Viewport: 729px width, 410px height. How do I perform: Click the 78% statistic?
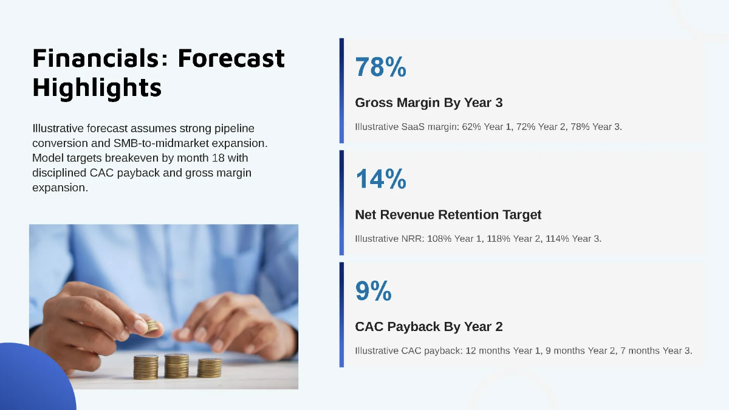click(380, 67)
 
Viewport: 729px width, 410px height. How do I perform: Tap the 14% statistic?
click(381, 179)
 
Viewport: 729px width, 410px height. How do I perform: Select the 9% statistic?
click(373, 291)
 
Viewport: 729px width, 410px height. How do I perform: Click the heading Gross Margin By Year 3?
click(429, 103)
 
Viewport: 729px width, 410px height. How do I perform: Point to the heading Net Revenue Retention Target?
click(448, 215)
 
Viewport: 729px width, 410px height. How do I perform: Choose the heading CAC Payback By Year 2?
click(429, 327)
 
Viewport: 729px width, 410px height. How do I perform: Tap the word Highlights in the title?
click(97, 87)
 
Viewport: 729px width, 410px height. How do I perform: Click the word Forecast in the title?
click(231, 58)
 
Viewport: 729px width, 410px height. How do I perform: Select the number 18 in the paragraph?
click(218, 158)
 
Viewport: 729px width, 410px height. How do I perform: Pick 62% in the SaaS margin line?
click(471, 126)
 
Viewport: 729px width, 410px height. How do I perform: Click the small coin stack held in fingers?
click(152, 326)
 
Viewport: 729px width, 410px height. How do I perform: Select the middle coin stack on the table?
click(176, 366)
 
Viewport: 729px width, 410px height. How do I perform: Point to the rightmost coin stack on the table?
click(209, 367)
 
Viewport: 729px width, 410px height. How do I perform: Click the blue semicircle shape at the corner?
click(36, 377)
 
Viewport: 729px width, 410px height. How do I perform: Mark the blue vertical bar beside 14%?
click(341, 202)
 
